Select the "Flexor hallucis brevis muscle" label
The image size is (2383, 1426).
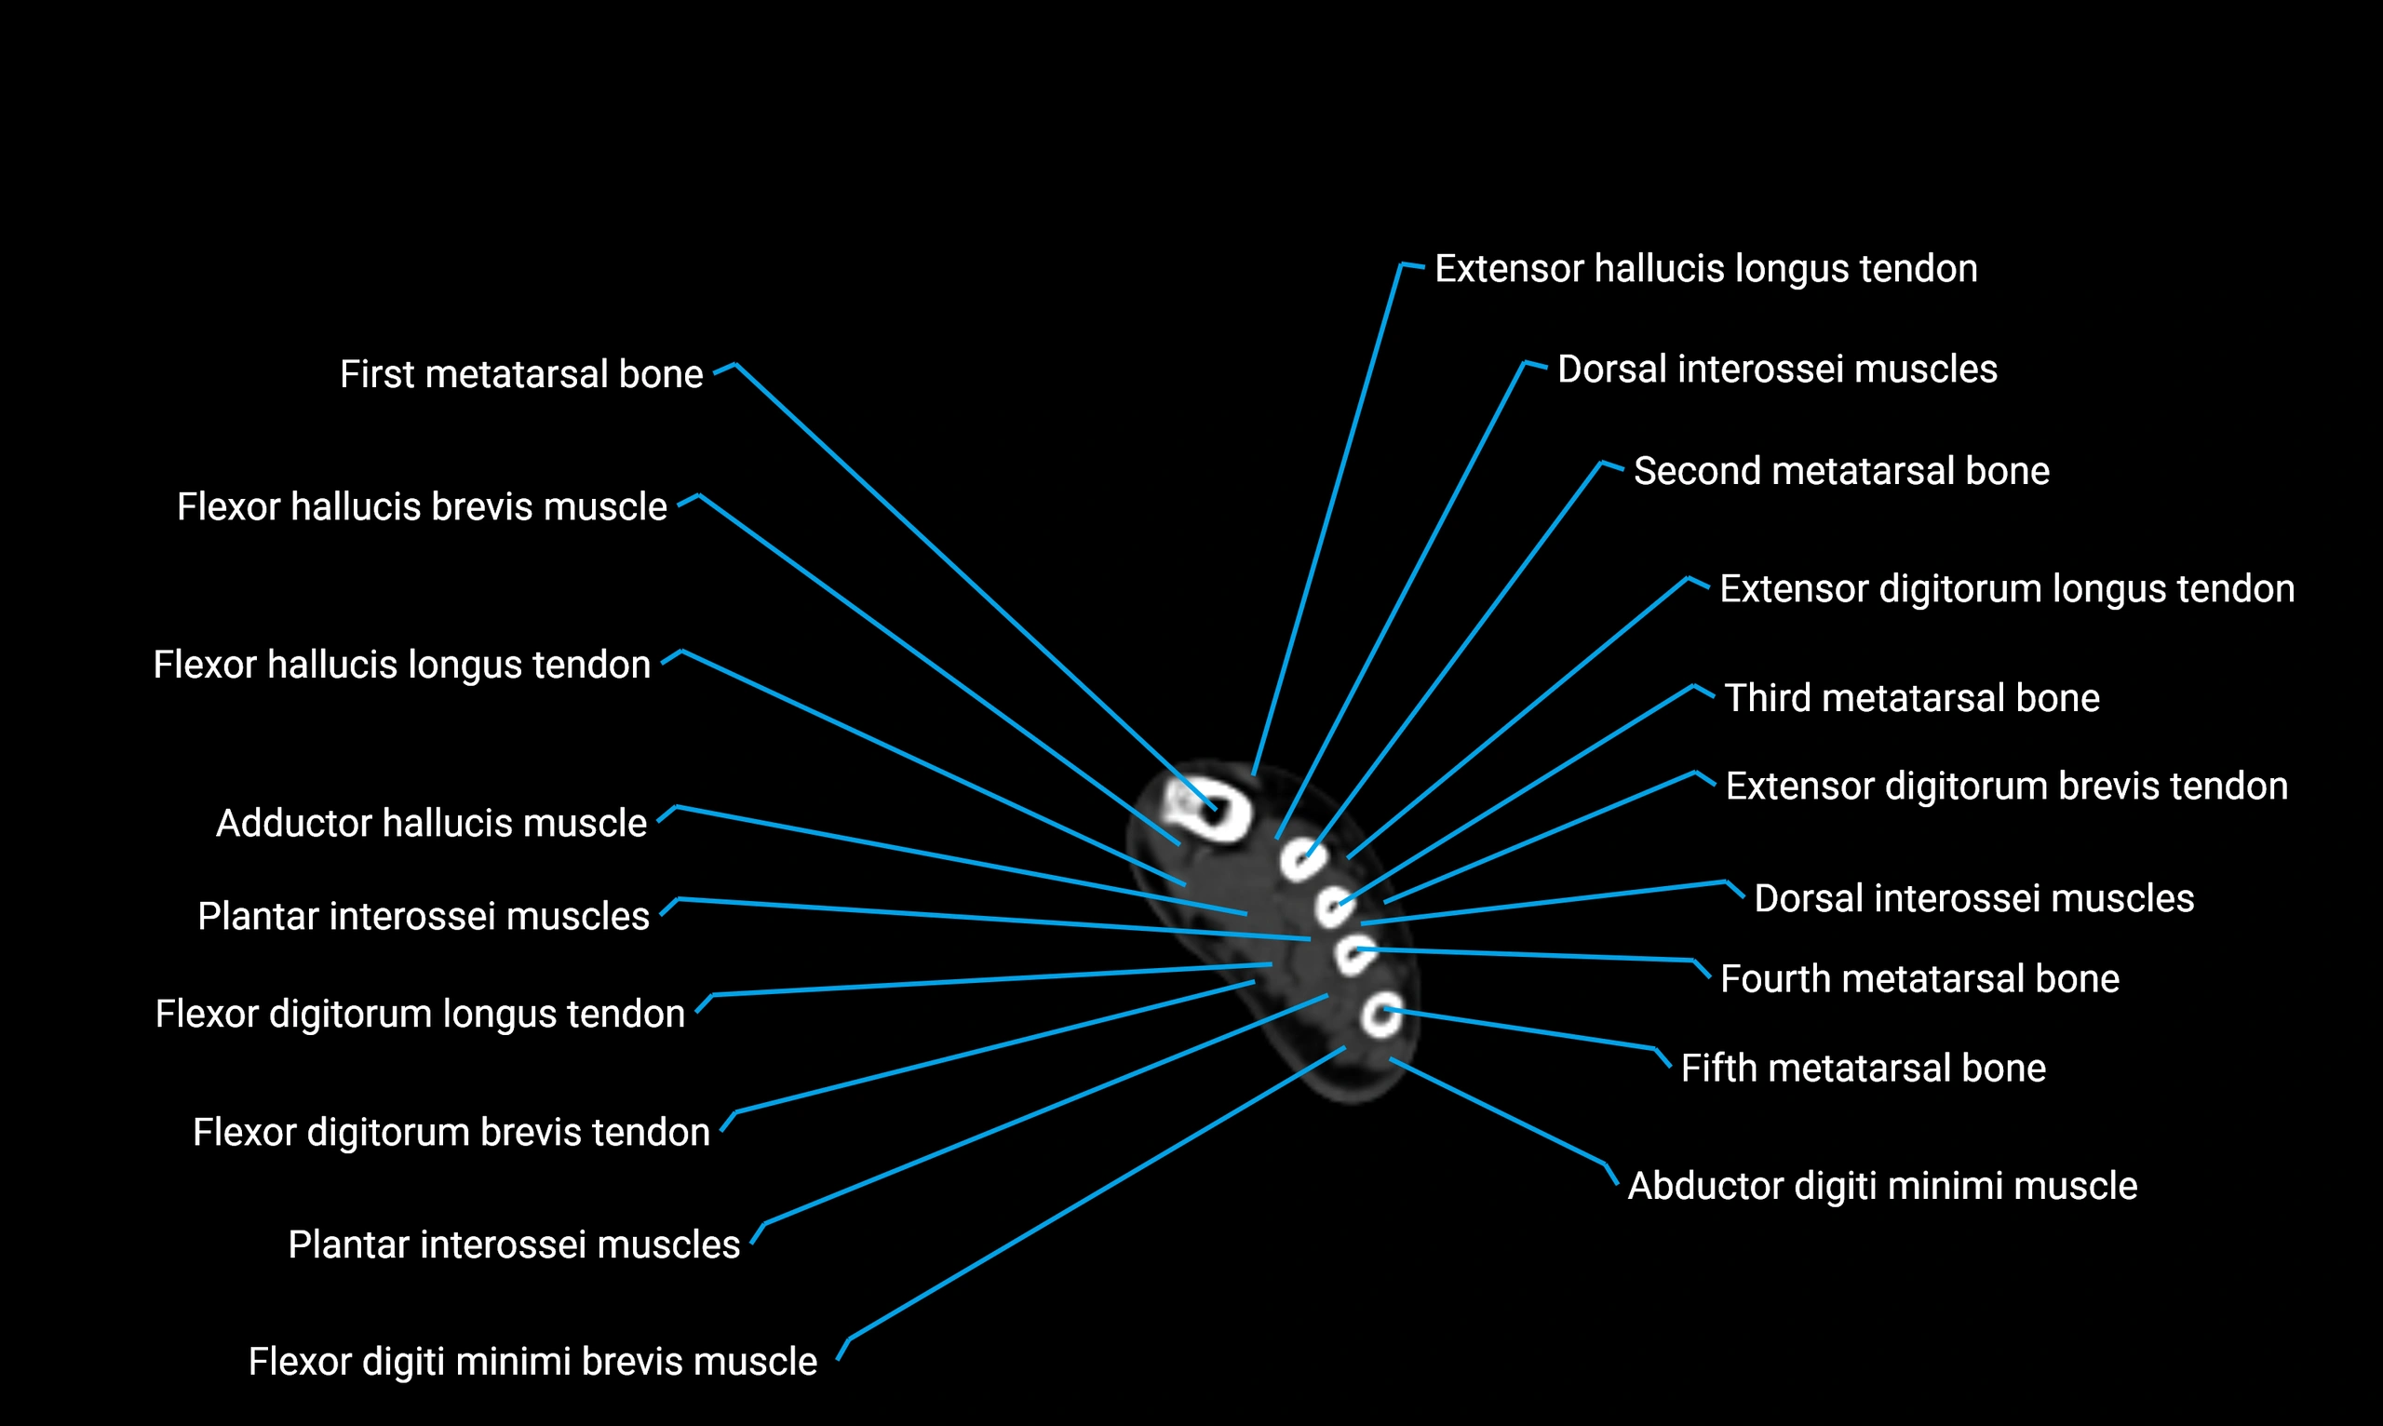coord(422,506)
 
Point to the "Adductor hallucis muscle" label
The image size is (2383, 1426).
coord(431,823)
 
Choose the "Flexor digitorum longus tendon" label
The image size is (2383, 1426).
coord(420,1014)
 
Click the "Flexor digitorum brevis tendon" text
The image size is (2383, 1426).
coord(451,1132)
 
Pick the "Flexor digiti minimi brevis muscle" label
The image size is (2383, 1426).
coord(532,1362)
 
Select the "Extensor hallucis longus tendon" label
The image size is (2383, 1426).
coord(1705,268)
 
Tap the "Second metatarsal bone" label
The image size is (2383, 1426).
coord(1841,471)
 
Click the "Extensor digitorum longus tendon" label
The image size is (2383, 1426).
coord(2006,588)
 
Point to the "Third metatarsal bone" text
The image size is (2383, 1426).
coord(1911,697)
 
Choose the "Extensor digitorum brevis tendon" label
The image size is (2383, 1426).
coord(2006,786)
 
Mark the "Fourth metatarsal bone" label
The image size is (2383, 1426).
coord(1919,978)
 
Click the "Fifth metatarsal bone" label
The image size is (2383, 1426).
coord(1863,1068)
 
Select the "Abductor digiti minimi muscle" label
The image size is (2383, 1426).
coord(1881,1186)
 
